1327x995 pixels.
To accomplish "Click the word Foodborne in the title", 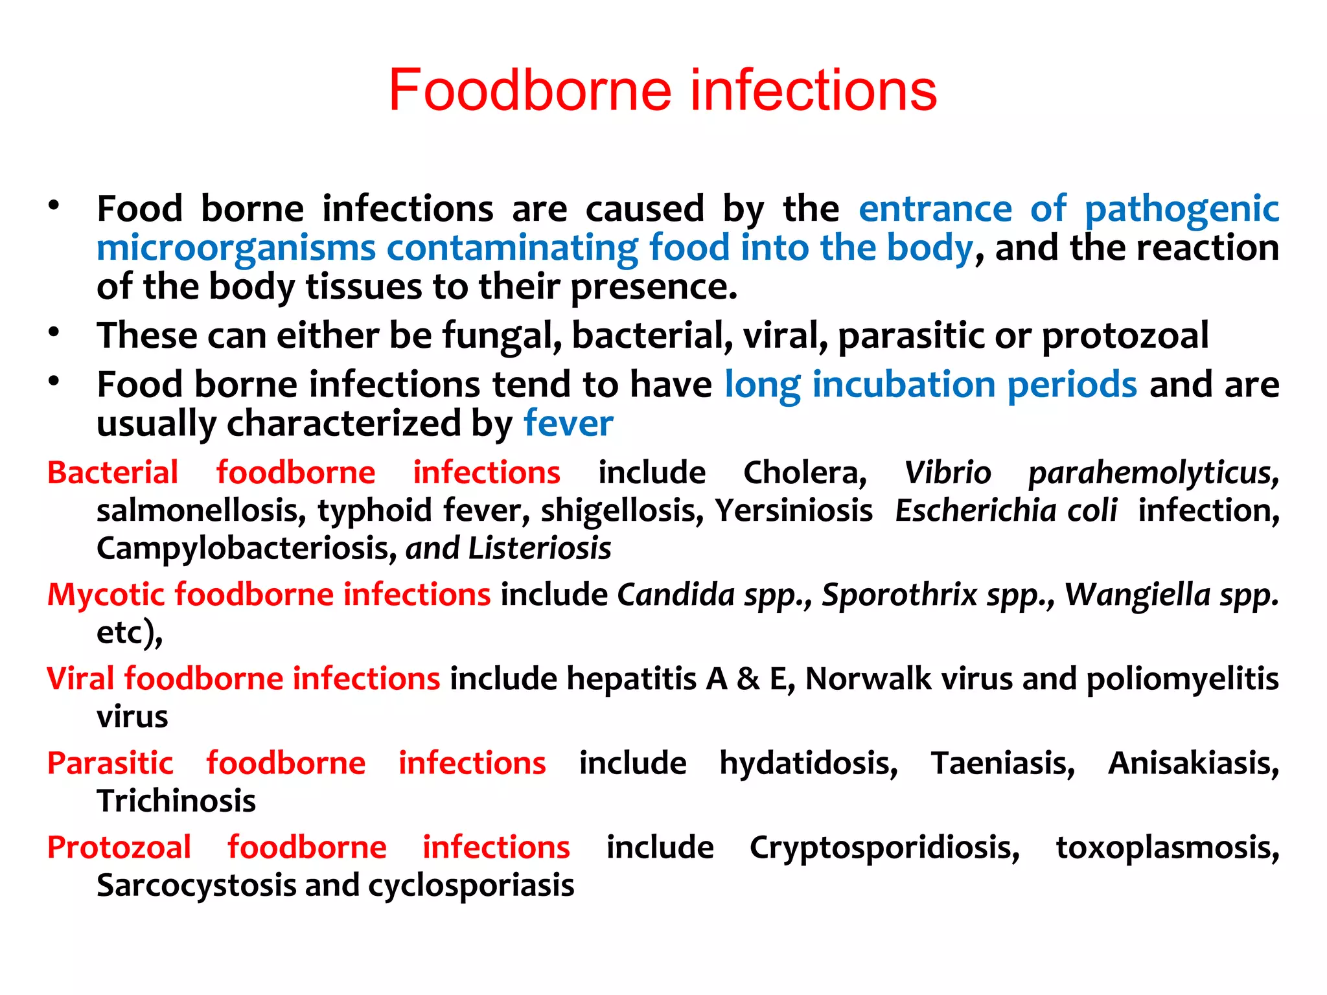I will pyautogui.click(x=529, y=91).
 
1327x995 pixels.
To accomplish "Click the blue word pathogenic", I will pyautogui.click(x=1181, y=210).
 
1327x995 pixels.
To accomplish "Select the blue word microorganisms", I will pyautogui.click(x=236, y=249).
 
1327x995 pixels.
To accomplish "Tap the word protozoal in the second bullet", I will pyautogui.click(x=1125, y=336).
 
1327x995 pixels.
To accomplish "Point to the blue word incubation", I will pyautogui.click(x=903, y=385).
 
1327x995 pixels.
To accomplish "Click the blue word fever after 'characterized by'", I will pyautogui.click(x=568, y=424).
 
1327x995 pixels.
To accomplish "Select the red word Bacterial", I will pyautogui.click(x=113, y=472).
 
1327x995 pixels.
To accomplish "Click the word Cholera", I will pyautogui.click(x=805, y=473).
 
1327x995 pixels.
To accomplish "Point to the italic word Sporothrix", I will pyautogui.click(x=899, y=595).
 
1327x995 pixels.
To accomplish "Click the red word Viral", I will pyautogui.click(x=80, y=679).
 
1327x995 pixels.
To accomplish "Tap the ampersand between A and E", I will pyautogui.click(x=748, y=679).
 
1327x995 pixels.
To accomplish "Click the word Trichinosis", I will pyautogui.click(x=176, y=801).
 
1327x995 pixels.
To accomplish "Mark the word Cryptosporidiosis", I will pyautogui.click(x=884, y=848).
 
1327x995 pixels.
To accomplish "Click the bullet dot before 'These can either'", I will pyautogui.click(x=54, y=333).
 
